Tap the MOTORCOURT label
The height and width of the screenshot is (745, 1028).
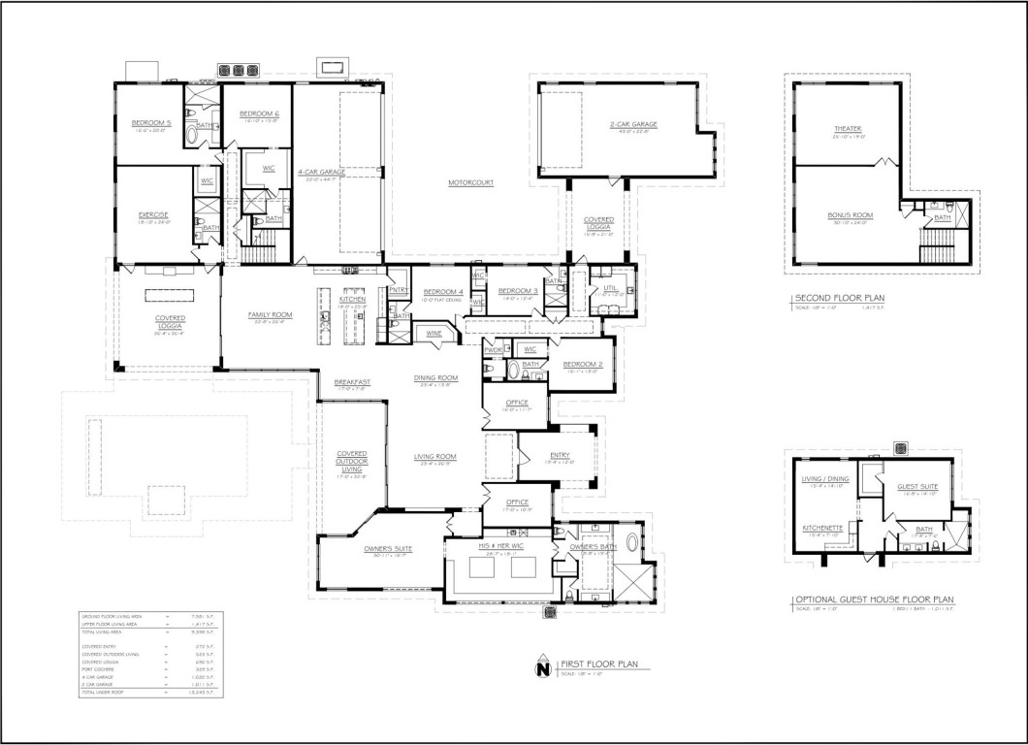tap(471, 182)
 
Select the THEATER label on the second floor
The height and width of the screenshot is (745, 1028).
tap(847, 128)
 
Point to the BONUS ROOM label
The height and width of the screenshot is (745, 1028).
tap(847, 214)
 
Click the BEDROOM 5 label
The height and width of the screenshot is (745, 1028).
tap(151, 123)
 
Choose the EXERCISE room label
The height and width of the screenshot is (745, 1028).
tap(153, 214)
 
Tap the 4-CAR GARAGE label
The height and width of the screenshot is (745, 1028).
tap(318, 172)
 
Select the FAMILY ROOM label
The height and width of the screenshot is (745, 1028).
tap(271, 315)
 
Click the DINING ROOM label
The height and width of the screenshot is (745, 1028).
tap(435, 378)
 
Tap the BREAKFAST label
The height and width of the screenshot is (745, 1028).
tap(353, 382)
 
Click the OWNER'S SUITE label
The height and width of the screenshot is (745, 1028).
tap(388, 549)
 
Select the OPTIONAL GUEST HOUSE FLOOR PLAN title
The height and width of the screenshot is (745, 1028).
tap(875, 600)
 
